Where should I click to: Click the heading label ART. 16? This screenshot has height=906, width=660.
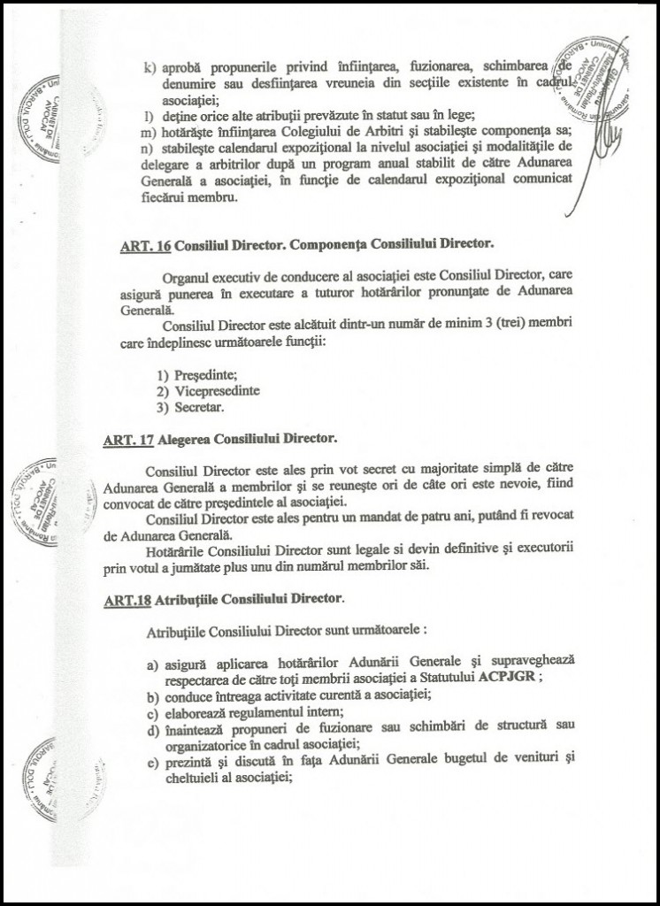point(145,245)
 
